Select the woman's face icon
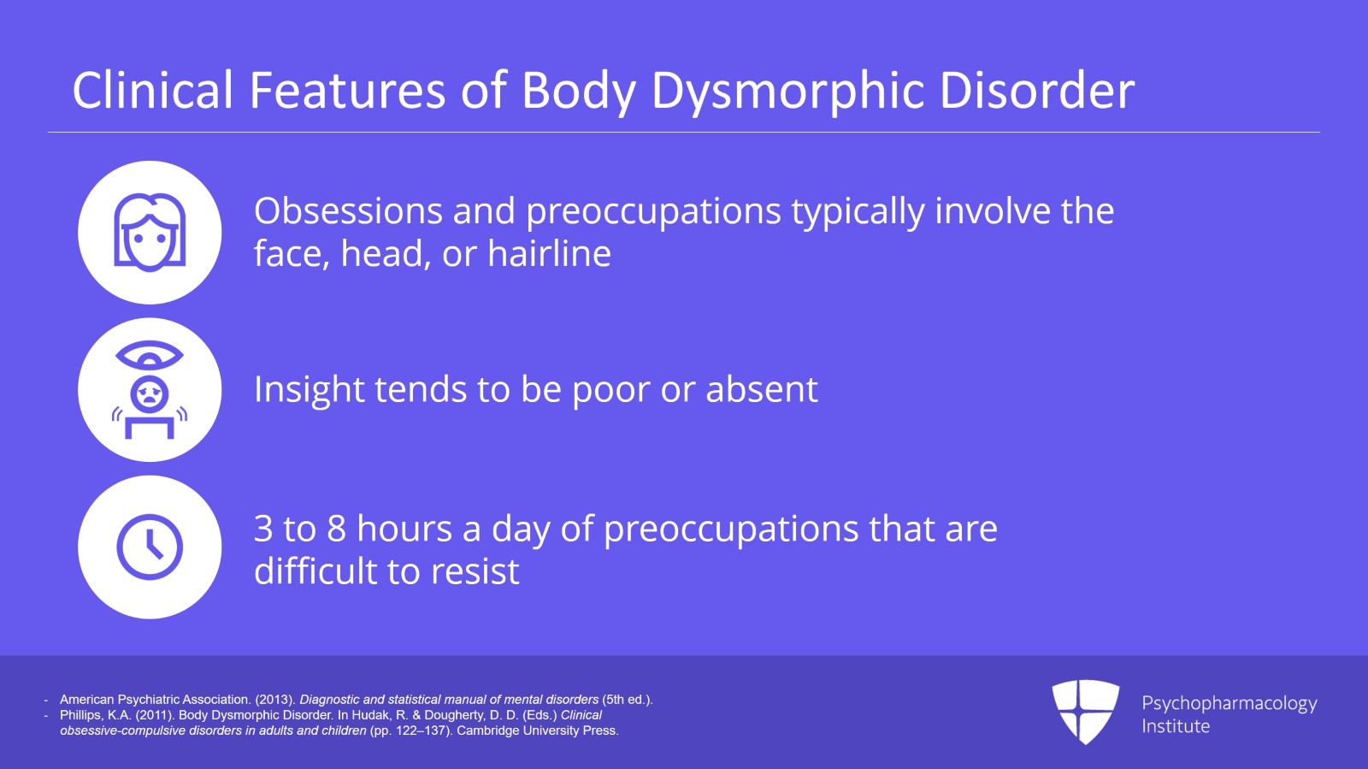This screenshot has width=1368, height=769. coord(150,233)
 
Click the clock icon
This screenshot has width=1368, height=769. coord(150,547)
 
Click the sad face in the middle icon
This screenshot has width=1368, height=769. coord(150,394)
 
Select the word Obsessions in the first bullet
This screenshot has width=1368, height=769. coord(347,211)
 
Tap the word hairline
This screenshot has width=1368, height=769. coord(549,254)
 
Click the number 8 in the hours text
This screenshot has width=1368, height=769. coord(336,529)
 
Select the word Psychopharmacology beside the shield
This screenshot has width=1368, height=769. coord(1229,703)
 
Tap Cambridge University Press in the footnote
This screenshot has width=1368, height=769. coord(537,731)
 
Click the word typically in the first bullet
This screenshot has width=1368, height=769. coord(858,212)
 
